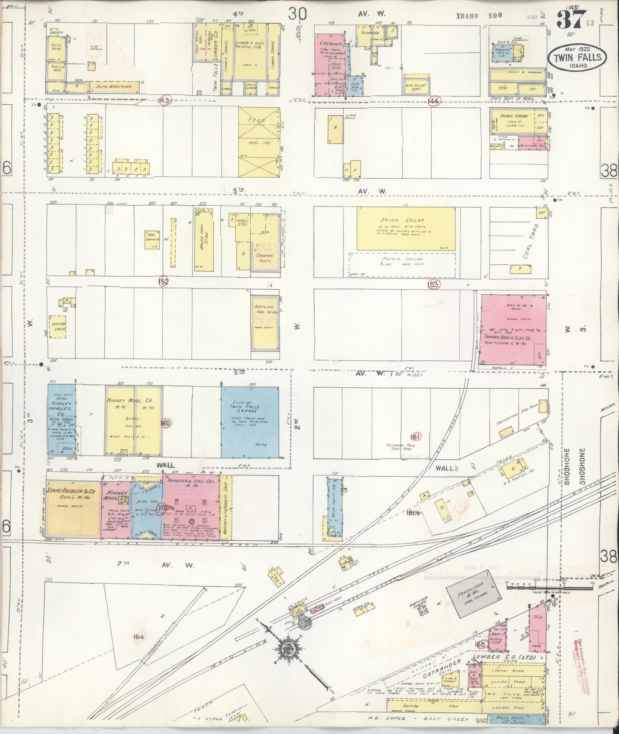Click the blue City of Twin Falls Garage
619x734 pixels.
coord(250,422)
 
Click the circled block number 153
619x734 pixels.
coord(434,284)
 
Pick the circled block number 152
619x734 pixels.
coord(163,282)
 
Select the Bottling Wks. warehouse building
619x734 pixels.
coord(264,322)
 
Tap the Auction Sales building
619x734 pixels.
coord(57,327)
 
